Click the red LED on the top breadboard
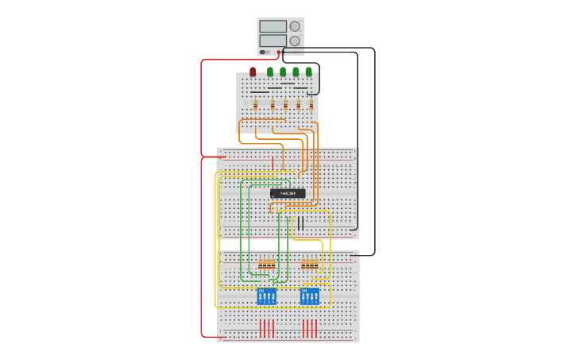pyautogui.click(x=253, y=72)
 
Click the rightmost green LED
pyautogui.click(x=309, y=72)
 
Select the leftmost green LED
pyautogui.click(x=270, y=72)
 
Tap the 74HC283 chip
pyautogui.click(x=288, y=193)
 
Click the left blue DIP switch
pyautogui.click(x=267, y=296)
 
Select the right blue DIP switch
pyautogui.click(x=310, y=296)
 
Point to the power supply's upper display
pyautogui.click(x=273, y=26)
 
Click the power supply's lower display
pyautogui.click(x=273, y=41)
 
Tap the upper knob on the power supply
pyautogui.click(x=295, y=26)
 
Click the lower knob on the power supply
pyautogui.click(x=295, y=41)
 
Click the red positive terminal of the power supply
pyautogui.click(x=279, y=52)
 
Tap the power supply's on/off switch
pyautogui.click(x=263, y=52)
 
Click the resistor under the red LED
pyautogui.click(x=256, y=104)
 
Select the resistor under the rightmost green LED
pyautogui.click(x=311, y=104)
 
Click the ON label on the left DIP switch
pyautogui.click(x=261, y=290)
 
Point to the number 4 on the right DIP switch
pyautogui.click(x=317, y=303)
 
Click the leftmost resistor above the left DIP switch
pyautogui.click(x=261, y=264)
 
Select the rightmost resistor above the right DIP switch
pyautogui.click(x=316, y=264)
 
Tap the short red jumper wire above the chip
pyautogui.click(x=273, y=164)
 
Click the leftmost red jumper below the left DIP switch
pyautogui.click(x=261, y=328)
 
